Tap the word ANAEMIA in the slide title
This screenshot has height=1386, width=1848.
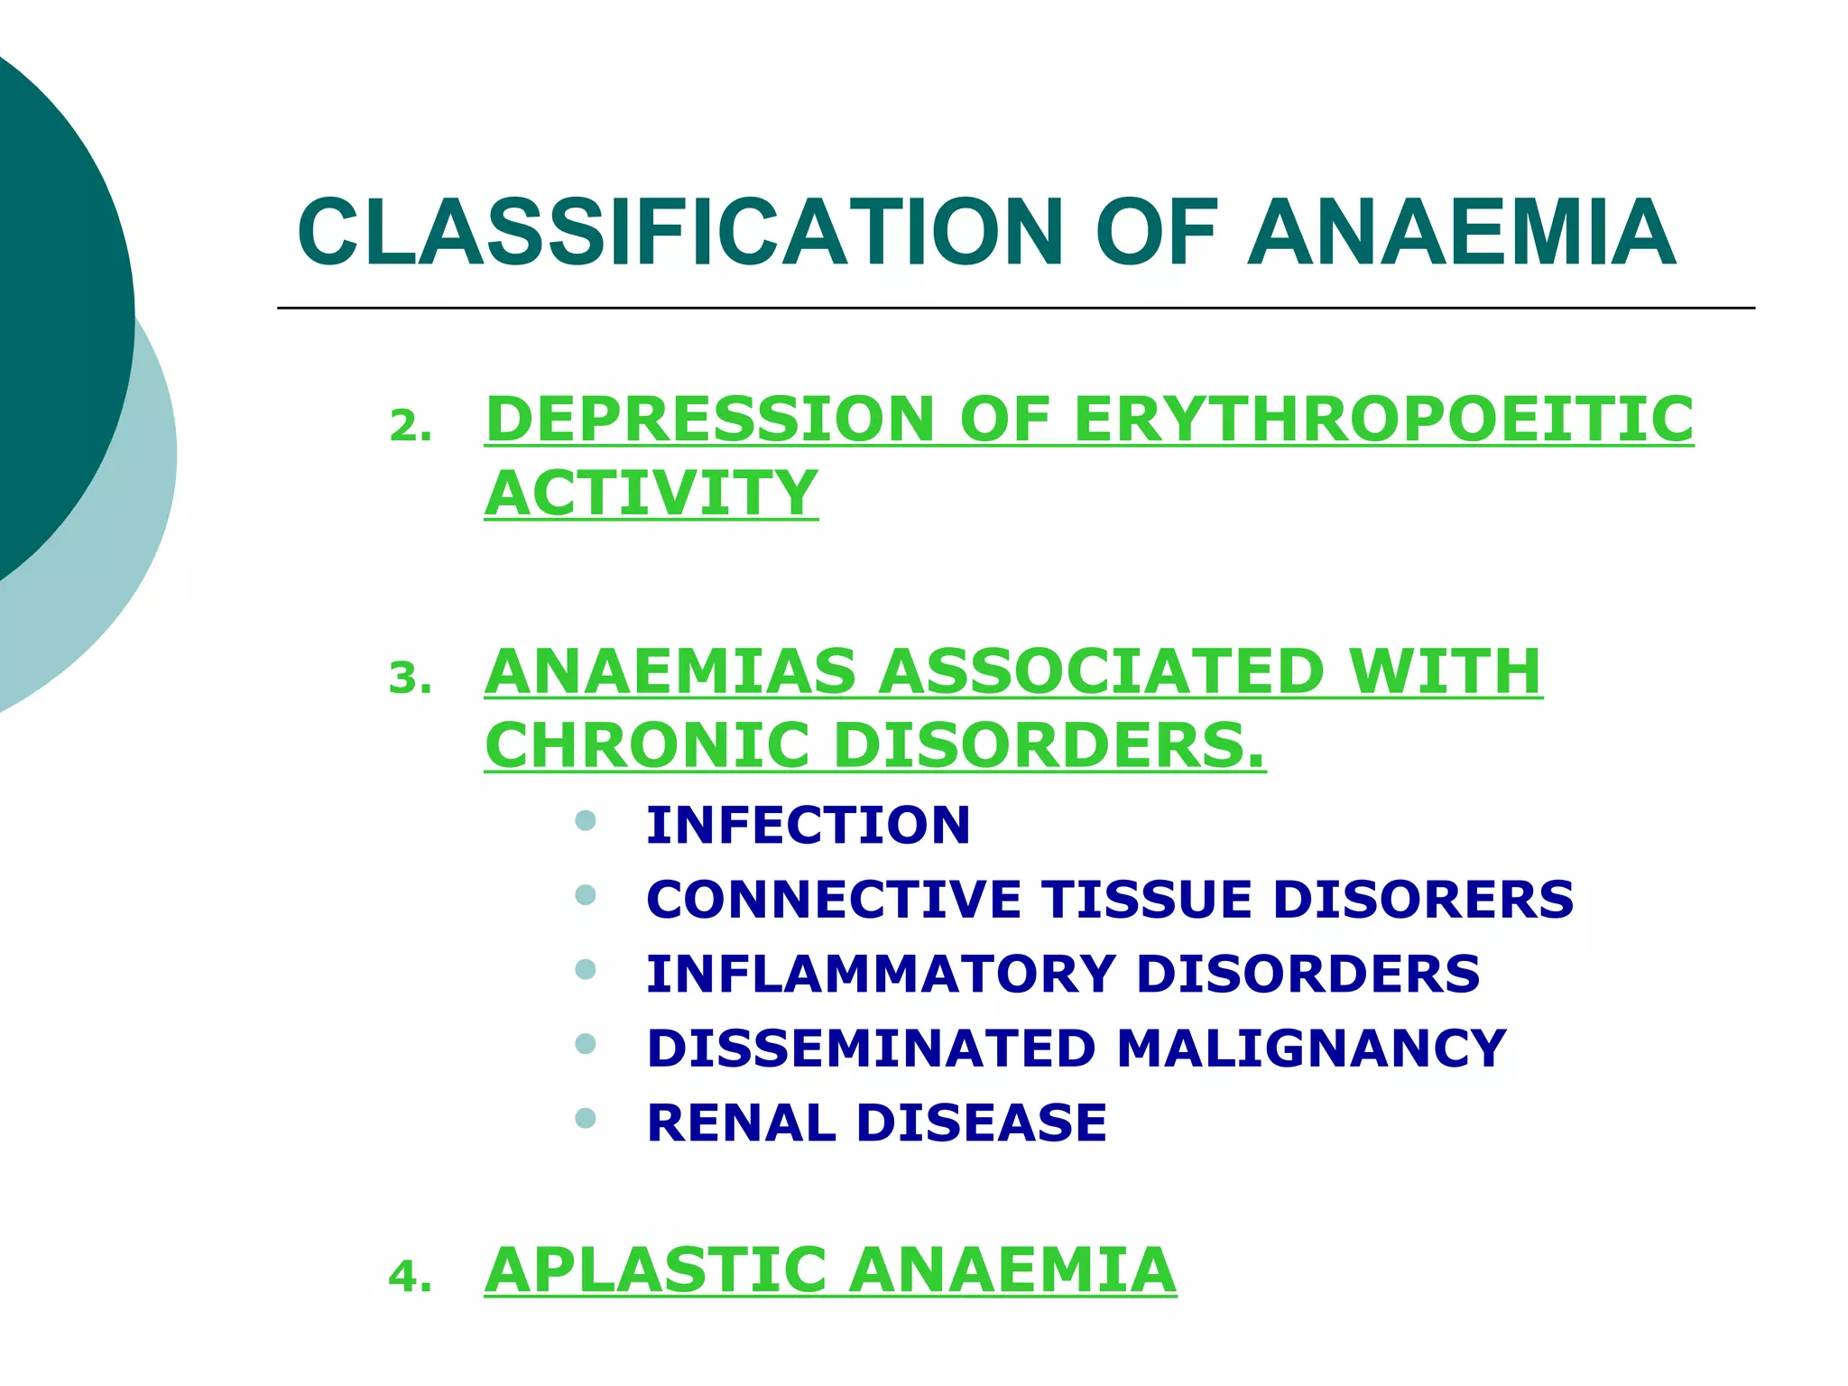(x=1462, y=233)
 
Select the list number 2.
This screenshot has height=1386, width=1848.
(x=409, y=427)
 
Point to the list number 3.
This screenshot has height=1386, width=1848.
(x=409, y=679)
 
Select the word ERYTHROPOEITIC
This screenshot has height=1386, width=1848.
(x=1383, y=420)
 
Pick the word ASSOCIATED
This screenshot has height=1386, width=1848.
(x=1101, y=672)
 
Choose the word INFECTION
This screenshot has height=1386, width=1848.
(x=808, y=825)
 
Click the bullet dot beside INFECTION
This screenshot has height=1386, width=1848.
(x=586, y=820)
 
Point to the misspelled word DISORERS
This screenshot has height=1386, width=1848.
(x=1423, y=900)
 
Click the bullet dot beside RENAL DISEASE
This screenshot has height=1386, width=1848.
(x=586, y=1119)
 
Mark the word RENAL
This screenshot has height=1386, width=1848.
(x=741, y=1123)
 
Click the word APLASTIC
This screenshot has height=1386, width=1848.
(x=655, y=1270)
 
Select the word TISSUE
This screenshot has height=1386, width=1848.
(x=1146, y=900)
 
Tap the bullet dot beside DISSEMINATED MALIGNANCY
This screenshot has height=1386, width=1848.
(x=586, y=1044)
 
